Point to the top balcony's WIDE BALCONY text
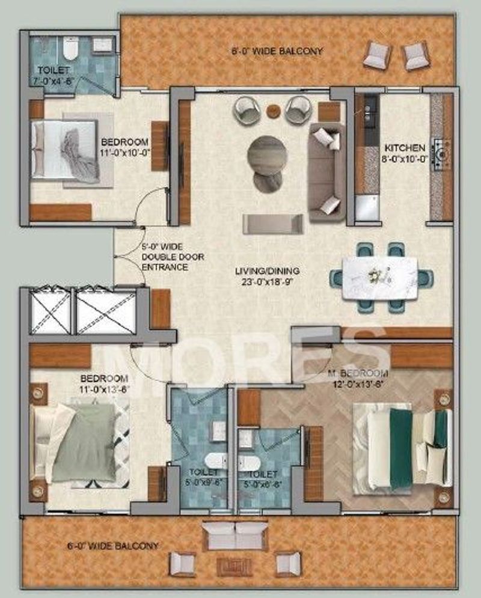(277, 51)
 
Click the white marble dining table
(381, 278)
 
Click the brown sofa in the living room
(327, 172)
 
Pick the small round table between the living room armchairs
(274, 111)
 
